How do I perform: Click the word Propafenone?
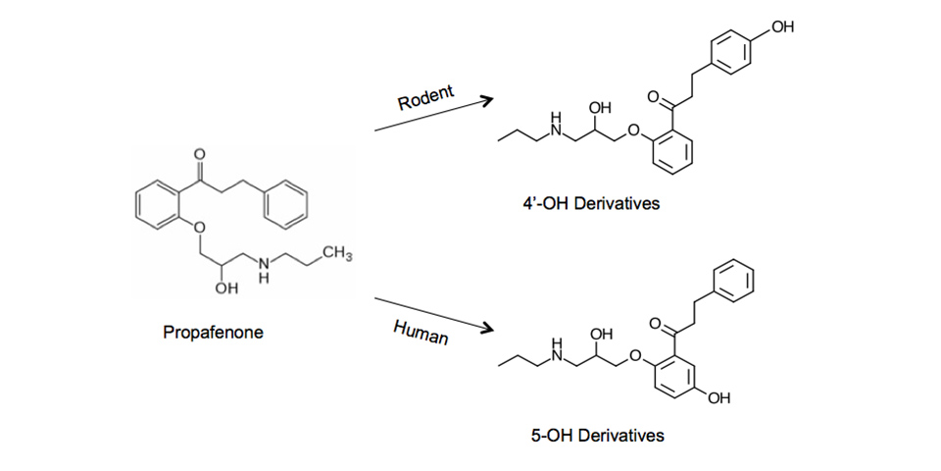point(213,333)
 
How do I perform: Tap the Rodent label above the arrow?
point(425,95)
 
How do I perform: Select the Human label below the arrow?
point(421,332)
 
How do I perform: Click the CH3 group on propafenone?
point(336,257)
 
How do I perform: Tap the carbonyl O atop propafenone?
point(201,155)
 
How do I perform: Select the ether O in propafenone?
point(196,229)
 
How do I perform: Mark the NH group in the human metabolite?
point(557,351)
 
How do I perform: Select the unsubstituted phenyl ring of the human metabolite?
point(736,280)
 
